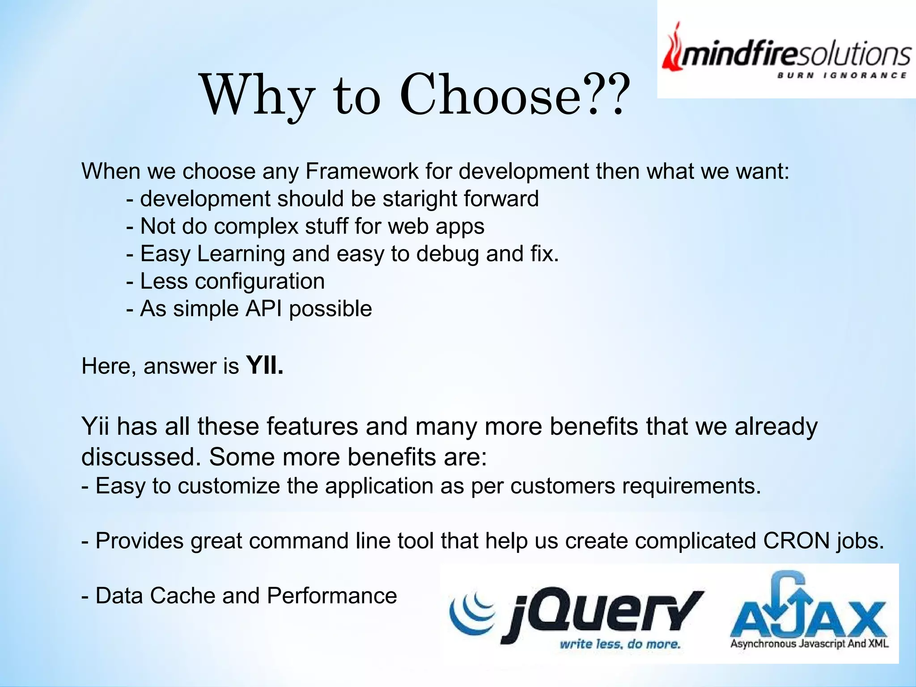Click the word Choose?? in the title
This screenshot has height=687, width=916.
point(513,95)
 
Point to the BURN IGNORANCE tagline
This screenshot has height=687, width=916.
point(841,76)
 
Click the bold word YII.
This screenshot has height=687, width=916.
point(265,366)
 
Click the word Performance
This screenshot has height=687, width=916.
point(331,596)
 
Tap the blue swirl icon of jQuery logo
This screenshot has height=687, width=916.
point(471,612)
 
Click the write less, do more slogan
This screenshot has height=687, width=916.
point(619,644)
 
